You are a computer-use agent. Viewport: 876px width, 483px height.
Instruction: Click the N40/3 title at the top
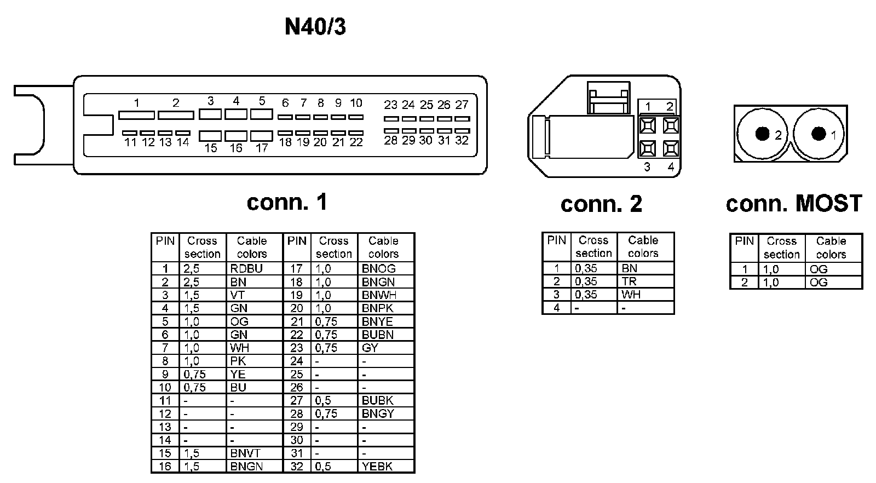tap(315, 26)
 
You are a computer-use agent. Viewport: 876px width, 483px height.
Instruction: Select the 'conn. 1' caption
tap(287, 202)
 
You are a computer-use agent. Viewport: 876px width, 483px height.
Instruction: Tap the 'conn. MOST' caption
tap(793, 203)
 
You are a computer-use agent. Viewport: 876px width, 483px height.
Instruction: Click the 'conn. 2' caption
tap(601, 204)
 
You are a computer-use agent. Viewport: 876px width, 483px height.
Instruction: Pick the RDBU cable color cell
tap(247, 268)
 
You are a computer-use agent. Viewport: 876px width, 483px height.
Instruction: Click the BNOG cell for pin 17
tap(379, 268)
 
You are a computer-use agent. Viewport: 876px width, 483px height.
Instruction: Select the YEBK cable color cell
tap(377, 467)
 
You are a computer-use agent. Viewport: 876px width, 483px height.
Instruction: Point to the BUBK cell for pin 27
tap(378, 400)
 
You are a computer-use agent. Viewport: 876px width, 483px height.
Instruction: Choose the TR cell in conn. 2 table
tap(629, 281)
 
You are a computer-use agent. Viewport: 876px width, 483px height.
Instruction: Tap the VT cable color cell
tap(239, 295)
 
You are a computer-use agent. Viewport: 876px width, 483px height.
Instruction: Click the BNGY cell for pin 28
tap(378, 413)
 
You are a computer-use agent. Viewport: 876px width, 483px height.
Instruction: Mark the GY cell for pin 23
tap(370, 348)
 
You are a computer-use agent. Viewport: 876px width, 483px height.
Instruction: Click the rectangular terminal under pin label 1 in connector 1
tap(136, 115)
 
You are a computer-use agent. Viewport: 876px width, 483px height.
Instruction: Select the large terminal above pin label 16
tap(236, 135)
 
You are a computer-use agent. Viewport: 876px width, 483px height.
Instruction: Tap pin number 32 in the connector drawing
tap(462, 140)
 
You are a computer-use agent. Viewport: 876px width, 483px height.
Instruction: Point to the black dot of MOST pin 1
tap(819, 133)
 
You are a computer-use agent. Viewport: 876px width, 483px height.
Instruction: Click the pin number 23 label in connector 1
tap(390, 105)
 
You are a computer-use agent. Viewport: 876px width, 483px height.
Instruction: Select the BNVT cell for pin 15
tap(245, 453)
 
